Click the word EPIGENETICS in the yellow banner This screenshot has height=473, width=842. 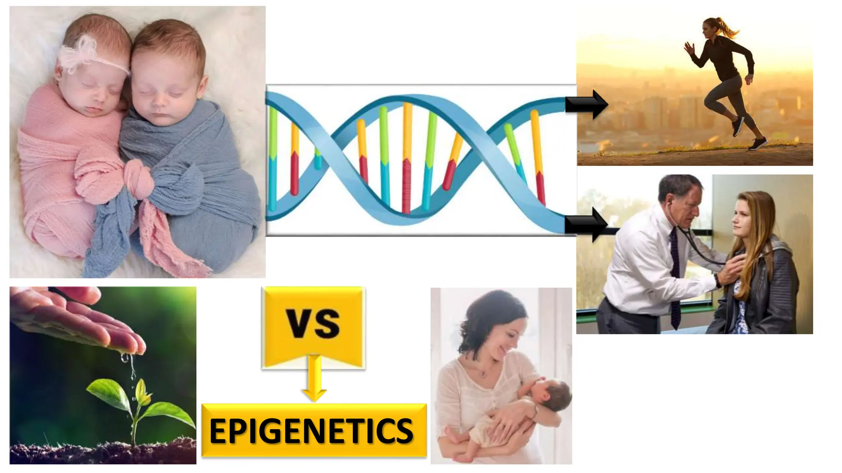coord(311,431)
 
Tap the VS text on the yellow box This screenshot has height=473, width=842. coord(313,324)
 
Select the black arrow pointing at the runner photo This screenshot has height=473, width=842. coord(586,105)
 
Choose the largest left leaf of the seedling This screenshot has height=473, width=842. coord(108,392)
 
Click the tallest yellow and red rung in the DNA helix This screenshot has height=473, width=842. coord(407,158)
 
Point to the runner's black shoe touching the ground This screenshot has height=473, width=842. coord(757,144)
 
